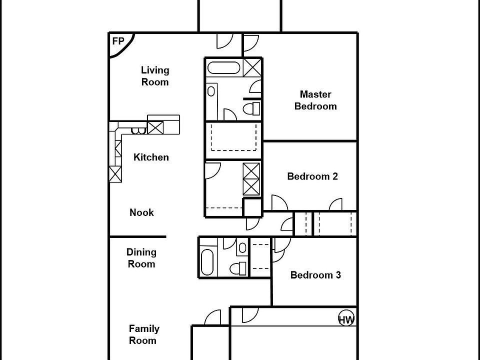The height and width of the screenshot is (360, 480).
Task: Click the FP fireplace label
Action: click(117, 41)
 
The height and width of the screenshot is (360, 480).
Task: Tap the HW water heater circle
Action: click(346, 319)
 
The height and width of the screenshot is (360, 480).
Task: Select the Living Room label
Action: click(155, 76)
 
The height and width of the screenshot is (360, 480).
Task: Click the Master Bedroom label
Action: click(315, 100)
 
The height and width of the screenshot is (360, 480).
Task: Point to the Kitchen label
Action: click(151, 157)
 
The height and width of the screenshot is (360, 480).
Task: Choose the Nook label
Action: click(141, 212)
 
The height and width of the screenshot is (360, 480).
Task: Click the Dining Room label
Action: click(141, 258)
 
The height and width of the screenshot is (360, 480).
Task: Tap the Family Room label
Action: click(144, 334)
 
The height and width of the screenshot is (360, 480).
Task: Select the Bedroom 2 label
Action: click(312, 176)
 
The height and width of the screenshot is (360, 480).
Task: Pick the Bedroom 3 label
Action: click(315, 275)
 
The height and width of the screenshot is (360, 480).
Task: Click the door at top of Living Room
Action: click(225, 41)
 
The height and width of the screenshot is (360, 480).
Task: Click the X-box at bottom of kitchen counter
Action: click(115, 174)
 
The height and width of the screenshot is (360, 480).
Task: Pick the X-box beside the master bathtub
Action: click(252, 67)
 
